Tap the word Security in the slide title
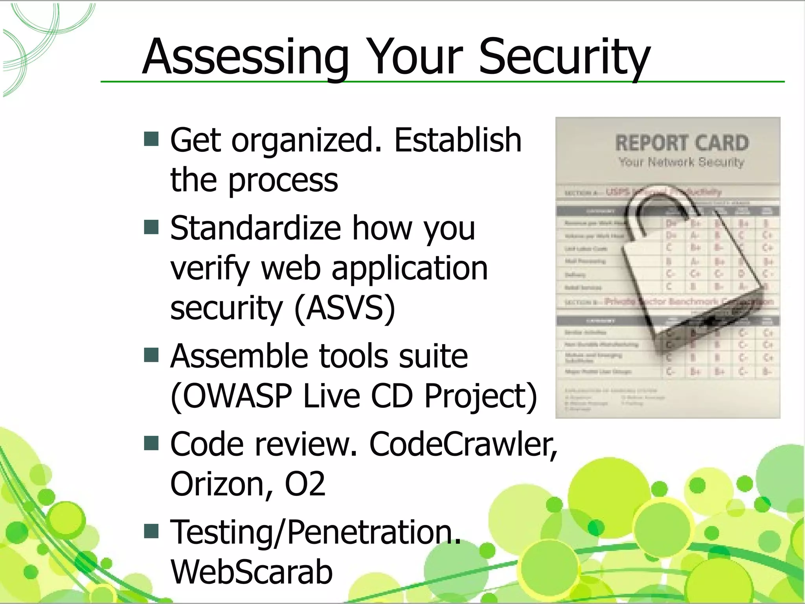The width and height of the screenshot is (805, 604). pos(564,57)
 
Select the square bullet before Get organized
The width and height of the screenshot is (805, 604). pos(151,139)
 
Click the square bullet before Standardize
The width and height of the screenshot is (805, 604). pos(151,227)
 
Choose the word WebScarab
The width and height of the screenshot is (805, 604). pos(252,572)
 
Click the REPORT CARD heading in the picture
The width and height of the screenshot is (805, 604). pos(682,143)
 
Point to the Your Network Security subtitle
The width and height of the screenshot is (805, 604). pos(682,162)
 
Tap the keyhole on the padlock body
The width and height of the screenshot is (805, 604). pos(710,322)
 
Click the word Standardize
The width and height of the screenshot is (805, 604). pos(255,228)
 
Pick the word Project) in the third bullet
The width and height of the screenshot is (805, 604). pos(480,396)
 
